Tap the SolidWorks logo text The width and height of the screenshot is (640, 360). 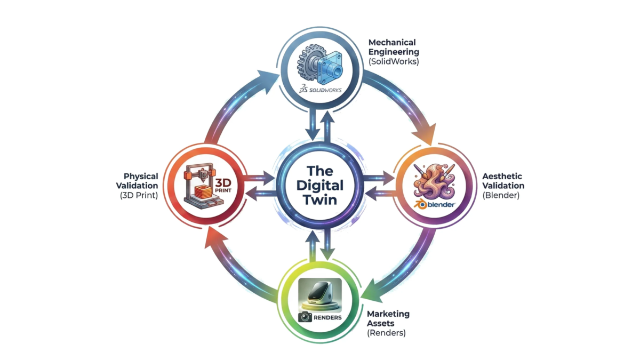[321, 90]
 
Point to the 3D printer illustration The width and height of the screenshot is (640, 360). [199, 186]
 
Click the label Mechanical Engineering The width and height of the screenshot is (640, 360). [394, 47]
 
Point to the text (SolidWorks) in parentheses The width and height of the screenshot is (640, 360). [394, 61]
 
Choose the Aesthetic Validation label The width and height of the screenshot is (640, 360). [503, 181]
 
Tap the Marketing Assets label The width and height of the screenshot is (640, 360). [388, 319]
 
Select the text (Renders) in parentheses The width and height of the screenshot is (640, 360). [386, 333]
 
